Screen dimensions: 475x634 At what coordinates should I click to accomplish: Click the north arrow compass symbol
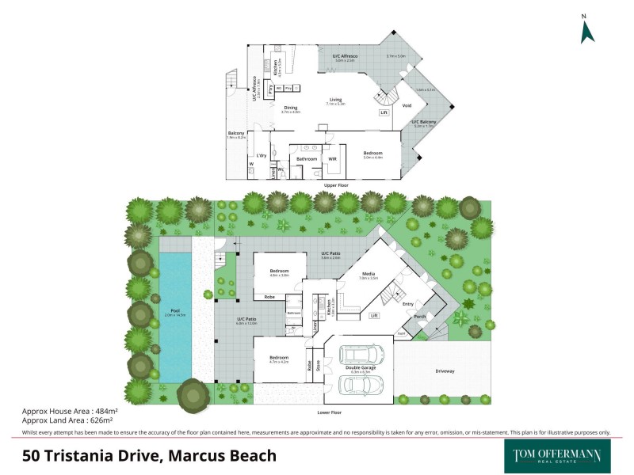click(x=587, y=31)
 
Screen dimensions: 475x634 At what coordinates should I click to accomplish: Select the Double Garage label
click(x=361, y=367)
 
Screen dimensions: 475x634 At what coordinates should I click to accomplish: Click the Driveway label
click(x=445, y=370)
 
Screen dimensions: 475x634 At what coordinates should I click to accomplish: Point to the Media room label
click(x=367, y=273)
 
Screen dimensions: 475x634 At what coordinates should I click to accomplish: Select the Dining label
click(x=291, y=108)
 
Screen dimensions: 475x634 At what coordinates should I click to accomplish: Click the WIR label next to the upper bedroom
click(x=333, y=159)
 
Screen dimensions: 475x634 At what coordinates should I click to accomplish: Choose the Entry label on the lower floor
click(x=408, y=303)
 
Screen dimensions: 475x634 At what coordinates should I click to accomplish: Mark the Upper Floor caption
click(x=337, y=184)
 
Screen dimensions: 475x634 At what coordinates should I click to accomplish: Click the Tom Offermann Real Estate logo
click(x=552, y=455)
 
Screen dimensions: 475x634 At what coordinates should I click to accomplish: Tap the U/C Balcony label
click(x=425, y=121)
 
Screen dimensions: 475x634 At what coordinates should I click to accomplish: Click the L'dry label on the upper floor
click(x=260, y=155)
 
